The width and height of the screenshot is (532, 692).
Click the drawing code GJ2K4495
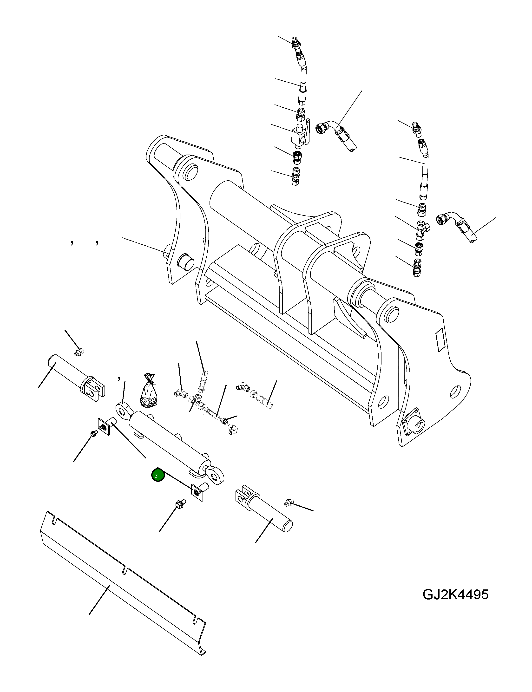(x=455, y=595)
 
